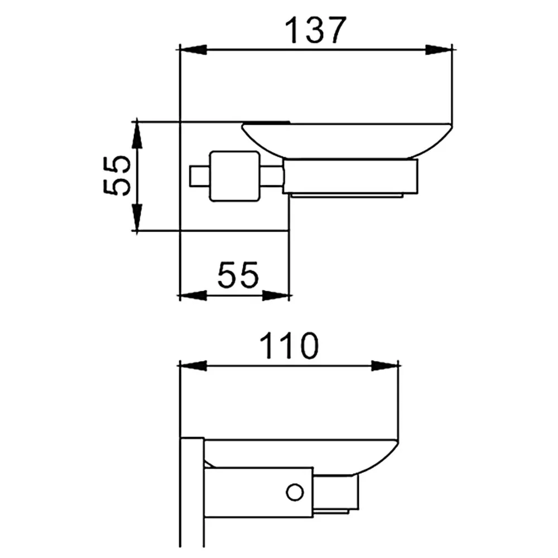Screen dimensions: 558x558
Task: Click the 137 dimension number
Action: (x=315, y=30)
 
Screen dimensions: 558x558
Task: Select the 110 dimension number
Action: (x=288, y=346)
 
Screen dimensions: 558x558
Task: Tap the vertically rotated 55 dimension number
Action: (x=117, y=175)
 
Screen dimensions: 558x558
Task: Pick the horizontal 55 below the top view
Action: (x=238, y=275)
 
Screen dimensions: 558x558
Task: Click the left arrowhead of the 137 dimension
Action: (x=193, y=50)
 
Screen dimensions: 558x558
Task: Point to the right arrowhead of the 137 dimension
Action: (x=439, y=50)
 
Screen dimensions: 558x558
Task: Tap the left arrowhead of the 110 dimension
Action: (x=193, y=365)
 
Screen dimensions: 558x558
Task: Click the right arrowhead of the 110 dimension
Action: (x=384, y=365)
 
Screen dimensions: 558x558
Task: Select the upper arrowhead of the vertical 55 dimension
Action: (x=137, y=135)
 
